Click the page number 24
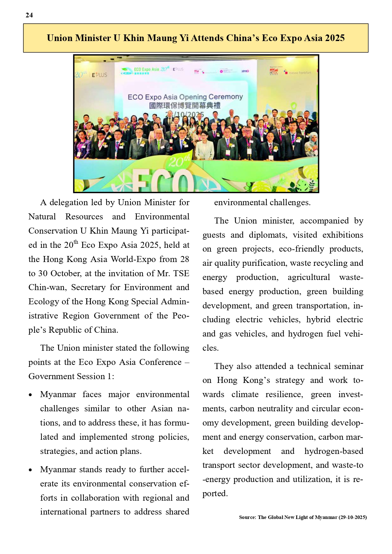click(29, 15)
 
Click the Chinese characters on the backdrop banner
click(185, 105)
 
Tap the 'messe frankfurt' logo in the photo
click(300, 73)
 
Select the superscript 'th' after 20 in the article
click(76, 242)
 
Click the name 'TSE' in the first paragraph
click(181, 273)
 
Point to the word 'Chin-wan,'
click(48, 288)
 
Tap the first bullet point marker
click(30, 395)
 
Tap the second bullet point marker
click(30, 470)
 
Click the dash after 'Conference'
click(187, 362)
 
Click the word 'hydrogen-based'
click(334, 451)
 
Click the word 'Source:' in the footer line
click(248, 517)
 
